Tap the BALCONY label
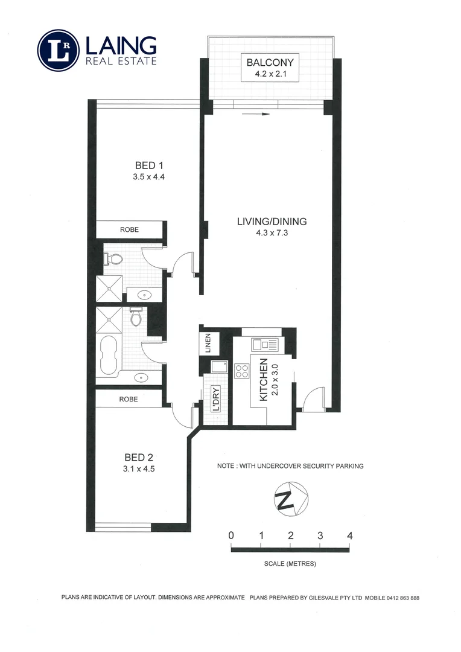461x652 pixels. pyautogui.click(x=270, y=62)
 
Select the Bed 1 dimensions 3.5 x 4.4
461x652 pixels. pyautogui.click(x=148, y=177)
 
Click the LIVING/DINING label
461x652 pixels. pyautogui.click(x=271, y=222)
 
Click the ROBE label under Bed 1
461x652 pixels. pyautogui.click(x=129, y=230)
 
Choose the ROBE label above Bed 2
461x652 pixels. pyautogui.click(x=129, y=399)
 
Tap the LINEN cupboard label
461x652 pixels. pyautogui.click(x=208, y=344)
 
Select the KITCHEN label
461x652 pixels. pyautogui.click(x=264, y=380)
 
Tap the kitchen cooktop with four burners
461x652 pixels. pyautogui.click(x=242, y=371)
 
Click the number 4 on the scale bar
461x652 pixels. pyautogui.click(x=349, y=535)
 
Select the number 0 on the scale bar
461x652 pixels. pyautogui.click(x=231, y=535)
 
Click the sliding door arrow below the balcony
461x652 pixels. pyautogui.click(x=255, y=113)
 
